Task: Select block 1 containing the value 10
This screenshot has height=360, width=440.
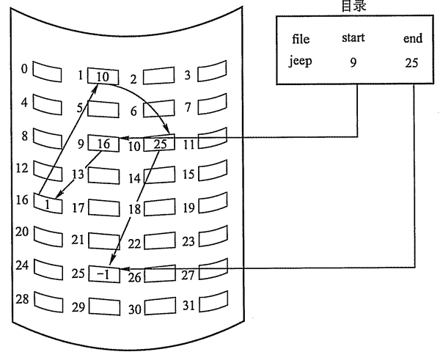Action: (x=102, y=76)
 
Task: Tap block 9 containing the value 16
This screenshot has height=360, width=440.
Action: (x=104, y=144)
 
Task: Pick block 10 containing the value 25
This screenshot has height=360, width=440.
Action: (x=161, y=144)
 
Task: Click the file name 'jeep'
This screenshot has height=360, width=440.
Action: (x=301, y=61)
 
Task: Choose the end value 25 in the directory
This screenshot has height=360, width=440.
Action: (x=411, y=62)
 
